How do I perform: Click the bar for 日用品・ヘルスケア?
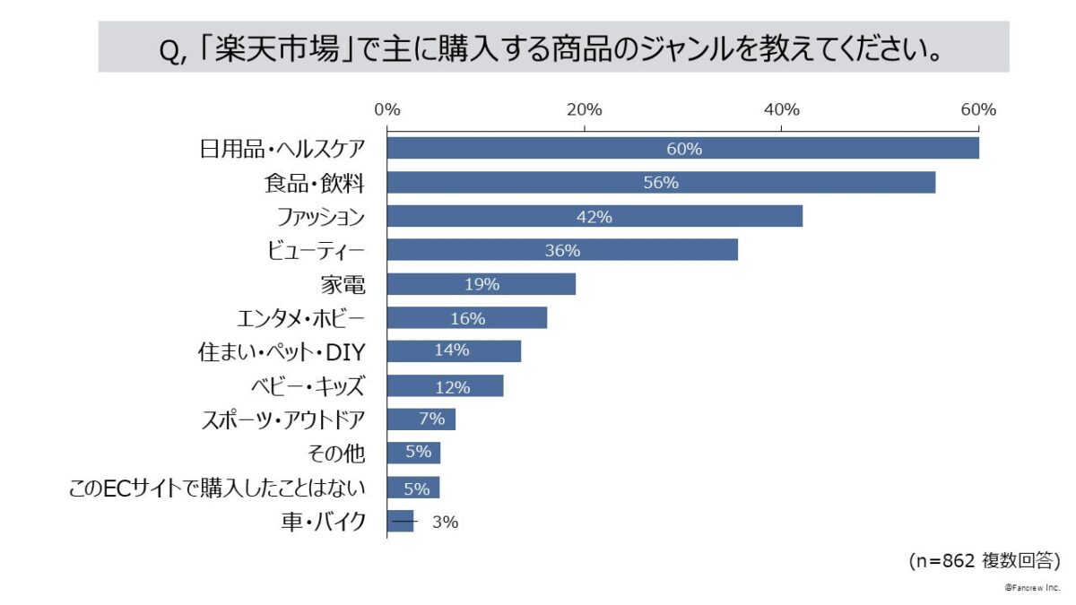click(682, 148)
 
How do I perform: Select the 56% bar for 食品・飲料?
click(661, 182)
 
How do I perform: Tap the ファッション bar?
click(594, 216)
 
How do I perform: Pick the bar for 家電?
click(481, 284)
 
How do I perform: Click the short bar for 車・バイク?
click(401, 522)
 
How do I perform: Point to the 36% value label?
click(562, 251)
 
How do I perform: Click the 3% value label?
click(445, 523)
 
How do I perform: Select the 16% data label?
click(467, 318)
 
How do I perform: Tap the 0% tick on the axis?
click(386, 110)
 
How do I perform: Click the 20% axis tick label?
click(584, 110)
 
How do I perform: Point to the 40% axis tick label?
click(781, 110)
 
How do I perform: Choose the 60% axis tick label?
click(978, 110)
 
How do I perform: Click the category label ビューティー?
click(316, 250)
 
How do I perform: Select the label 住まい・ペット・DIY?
click(281, 352)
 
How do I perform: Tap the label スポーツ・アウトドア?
click(282, 419)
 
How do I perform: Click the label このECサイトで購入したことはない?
click(217, 488)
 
